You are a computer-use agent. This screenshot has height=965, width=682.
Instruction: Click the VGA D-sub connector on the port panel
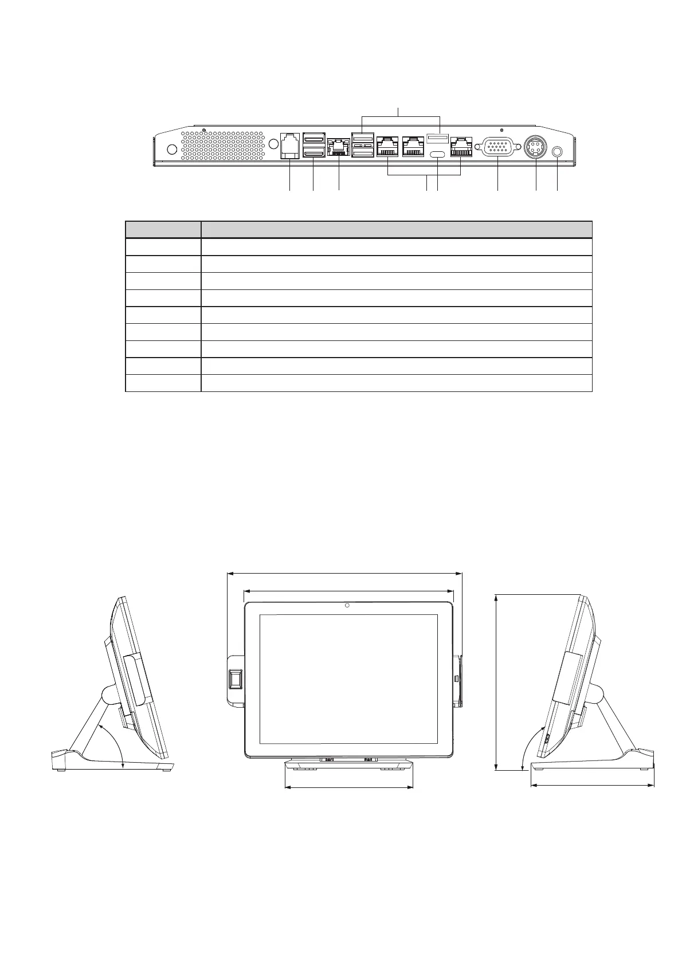(x=497, y=147)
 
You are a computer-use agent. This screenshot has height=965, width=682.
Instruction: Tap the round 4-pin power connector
(x=535, y=147)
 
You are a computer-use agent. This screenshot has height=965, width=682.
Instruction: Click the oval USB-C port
(x=437, y=155)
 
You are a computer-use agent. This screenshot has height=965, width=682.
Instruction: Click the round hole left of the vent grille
(x=170, y=149)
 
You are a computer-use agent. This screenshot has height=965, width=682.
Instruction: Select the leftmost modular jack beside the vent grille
(x=289, y=146)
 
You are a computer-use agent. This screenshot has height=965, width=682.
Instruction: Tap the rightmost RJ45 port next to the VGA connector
(x=461, y=147)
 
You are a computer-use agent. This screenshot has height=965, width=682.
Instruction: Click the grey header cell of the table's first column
(x=163, y=229)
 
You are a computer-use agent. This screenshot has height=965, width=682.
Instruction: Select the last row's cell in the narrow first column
(x=163, y=383)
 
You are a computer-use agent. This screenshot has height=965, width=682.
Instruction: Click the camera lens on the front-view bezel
(x=348, y=606)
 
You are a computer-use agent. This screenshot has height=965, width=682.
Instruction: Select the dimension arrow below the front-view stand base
(x=348, y=787)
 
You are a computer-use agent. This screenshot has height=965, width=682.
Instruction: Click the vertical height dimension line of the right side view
(x=496, y=682)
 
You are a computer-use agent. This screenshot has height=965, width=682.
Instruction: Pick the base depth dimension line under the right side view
(x=593, y=785)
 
